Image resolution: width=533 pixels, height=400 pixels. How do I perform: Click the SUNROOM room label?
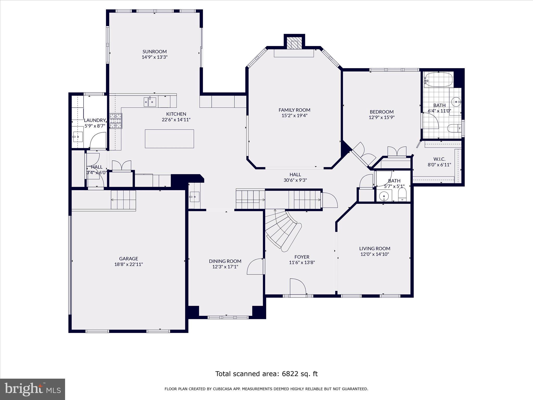[154, 52]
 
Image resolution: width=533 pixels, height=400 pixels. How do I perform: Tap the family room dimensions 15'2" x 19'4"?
[294, 116]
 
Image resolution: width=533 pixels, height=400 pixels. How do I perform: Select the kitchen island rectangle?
[169, 139]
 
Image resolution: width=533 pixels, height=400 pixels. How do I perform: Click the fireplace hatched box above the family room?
[294, 45]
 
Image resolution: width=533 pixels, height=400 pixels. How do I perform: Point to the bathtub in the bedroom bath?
[439, 80]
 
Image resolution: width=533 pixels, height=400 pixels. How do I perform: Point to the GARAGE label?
[128, 259]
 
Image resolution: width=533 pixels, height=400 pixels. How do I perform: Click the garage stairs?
[124, 200]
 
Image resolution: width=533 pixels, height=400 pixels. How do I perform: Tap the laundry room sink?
[78, 137]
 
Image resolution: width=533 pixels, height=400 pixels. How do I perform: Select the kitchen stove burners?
[116, 121]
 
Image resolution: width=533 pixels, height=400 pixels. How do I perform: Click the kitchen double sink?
[150, 102]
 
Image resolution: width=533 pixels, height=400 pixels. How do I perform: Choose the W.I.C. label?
[439, 159]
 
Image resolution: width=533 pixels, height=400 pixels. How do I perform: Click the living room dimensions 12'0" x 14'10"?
[375, 254]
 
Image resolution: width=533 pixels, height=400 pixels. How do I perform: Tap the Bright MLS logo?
[33, 389]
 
